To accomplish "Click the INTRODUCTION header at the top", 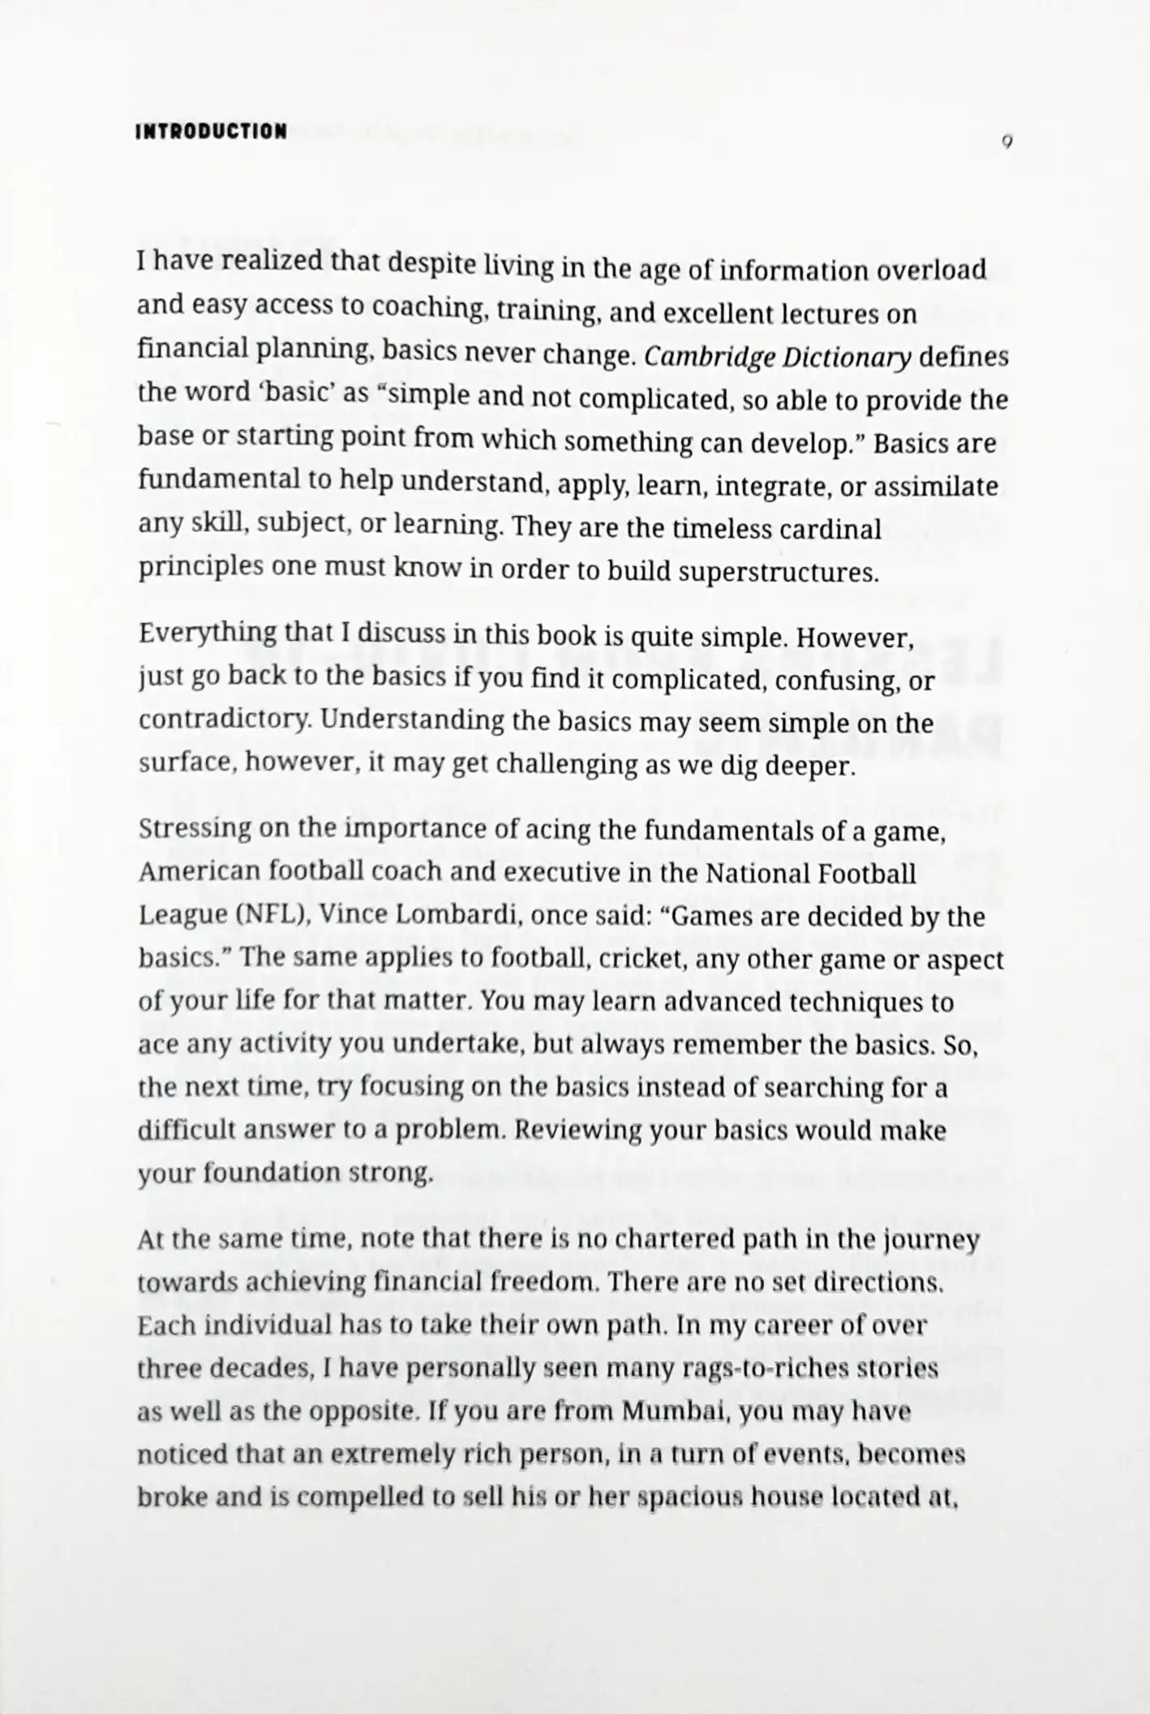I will click(x=211, y=131).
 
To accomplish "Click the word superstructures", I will click(x=778, y=572).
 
